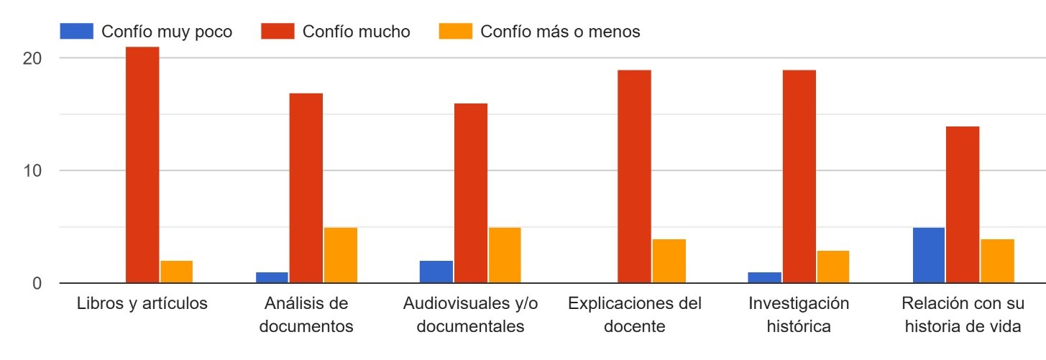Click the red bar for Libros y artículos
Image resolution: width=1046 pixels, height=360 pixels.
point(142,165)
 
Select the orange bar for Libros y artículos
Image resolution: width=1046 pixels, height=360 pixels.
point(176,272)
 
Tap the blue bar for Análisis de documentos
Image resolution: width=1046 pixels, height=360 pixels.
point(271,277)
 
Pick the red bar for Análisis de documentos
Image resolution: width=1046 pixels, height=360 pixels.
point(306,188)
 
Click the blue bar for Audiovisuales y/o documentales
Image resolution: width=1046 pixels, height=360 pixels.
point(436,272)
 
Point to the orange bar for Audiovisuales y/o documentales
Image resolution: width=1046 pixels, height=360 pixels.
point(504,255)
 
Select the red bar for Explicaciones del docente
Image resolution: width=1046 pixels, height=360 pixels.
point(634,176)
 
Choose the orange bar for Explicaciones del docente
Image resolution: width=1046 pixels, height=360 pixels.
point(669,261)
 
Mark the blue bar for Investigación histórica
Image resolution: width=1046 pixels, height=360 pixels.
point(764,277)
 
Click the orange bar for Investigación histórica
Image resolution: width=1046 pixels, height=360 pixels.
point(832,267)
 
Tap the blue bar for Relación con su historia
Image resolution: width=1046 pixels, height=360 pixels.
point(928,255)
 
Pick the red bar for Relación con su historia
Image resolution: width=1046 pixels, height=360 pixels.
point(963,205)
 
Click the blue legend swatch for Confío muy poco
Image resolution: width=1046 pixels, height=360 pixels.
point(76,32)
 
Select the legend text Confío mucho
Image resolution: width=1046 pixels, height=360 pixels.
point(357,32)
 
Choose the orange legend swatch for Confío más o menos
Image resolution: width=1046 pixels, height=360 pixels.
point(455,32)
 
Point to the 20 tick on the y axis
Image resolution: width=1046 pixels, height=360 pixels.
point(32,58)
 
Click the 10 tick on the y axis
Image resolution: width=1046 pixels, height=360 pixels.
point(32,171)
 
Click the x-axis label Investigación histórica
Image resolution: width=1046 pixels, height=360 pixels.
point(799,315)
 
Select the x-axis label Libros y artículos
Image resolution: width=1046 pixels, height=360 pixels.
point(142,303)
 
